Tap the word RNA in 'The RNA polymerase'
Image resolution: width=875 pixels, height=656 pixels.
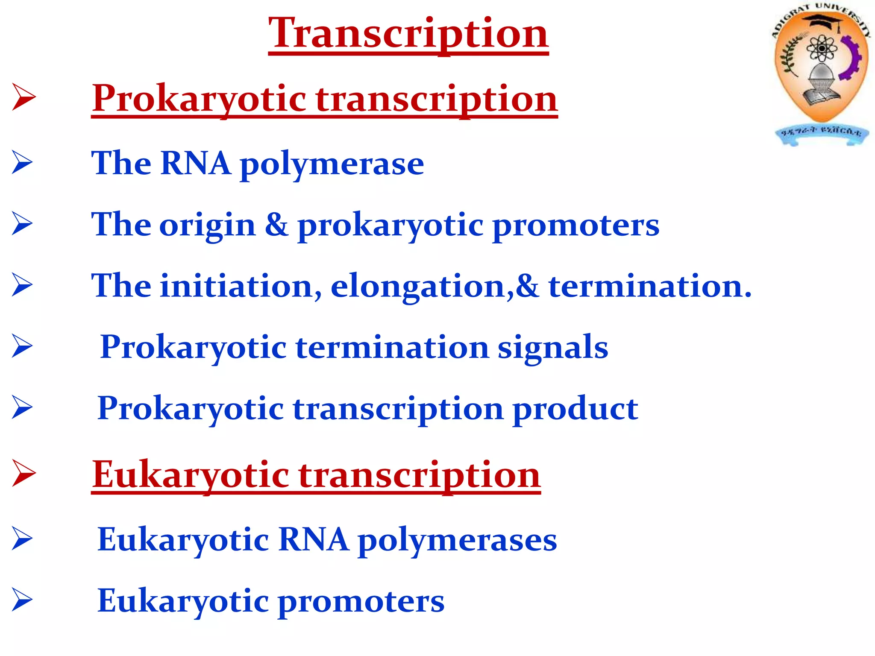pos(196,164)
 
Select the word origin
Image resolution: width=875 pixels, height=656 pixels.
pos(207,225)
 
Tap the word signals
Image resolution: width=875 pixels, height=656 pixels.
pos(553,347)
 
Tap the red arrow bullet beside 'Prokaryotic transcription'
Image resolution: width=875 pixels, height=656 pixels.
pos(23,97)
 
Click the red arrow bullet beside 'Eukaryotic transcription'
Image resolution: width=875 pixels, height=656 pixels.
pos(23,473)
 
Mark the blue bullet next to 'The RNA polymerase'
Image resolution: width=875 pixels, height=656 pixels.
pos(22,162)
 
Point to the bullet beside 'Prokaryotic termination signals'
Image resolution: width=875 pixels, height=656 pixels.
pos(22,346)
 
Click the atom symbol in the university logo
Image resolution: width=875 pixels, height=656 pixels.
pos(821,49)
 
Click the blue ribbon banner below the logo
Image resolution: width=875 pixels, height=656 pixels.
pos(821,134)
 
